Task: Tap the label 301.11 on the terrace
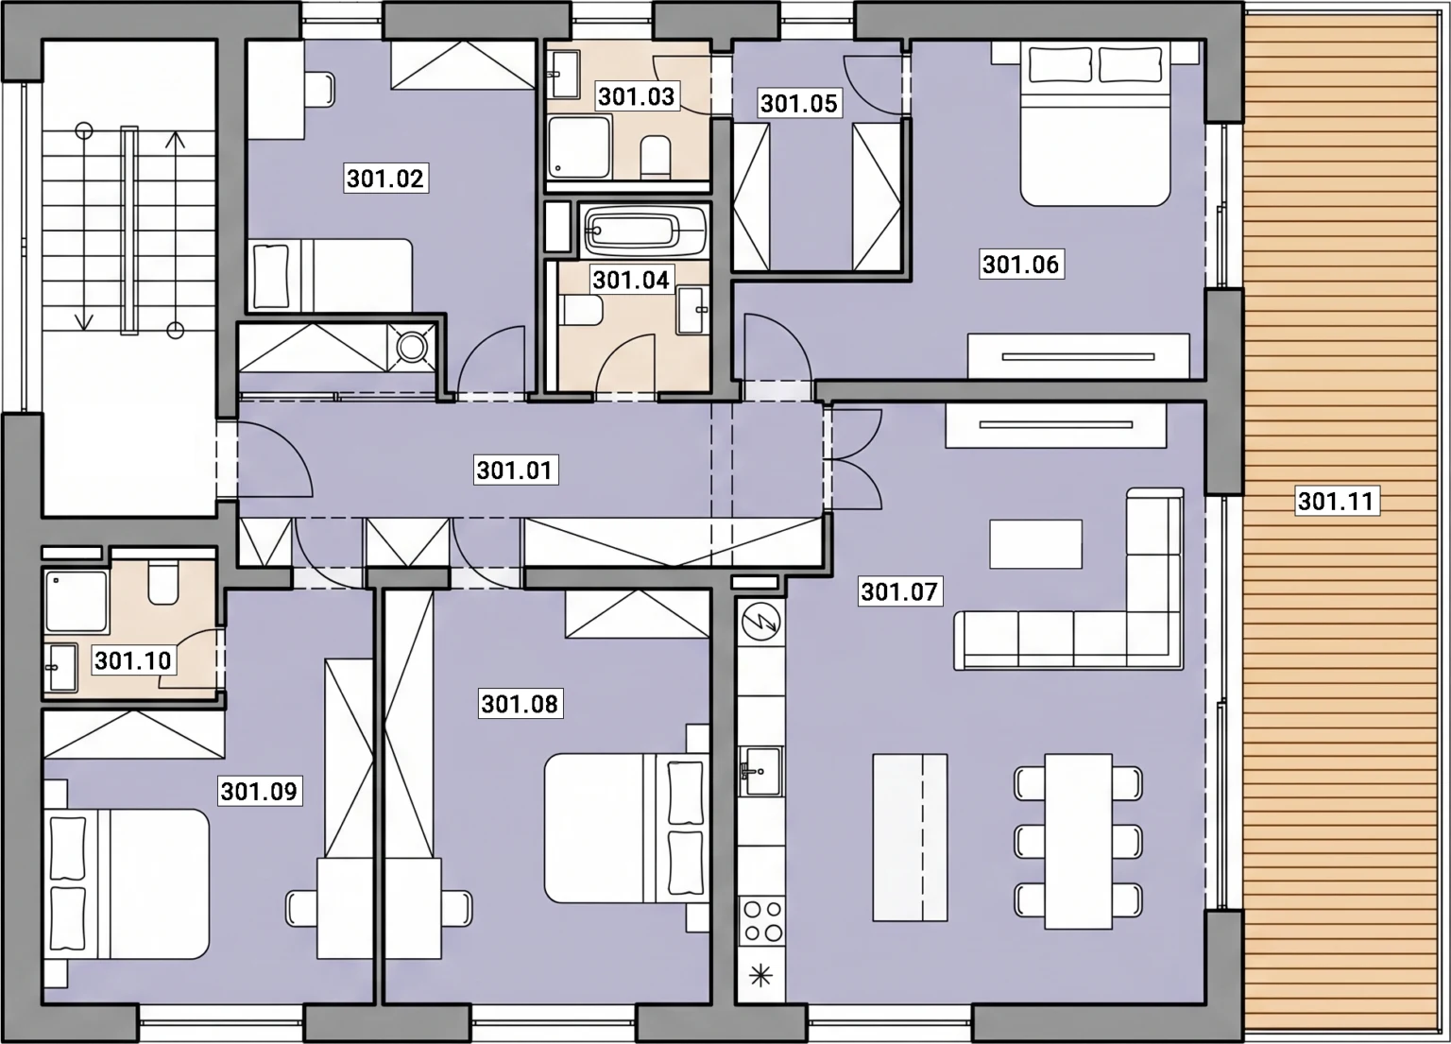click(x=1337, y=501)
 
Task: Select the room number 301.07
click(x=899, y=591)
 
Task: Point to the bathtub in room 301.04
click(x=644, y=230)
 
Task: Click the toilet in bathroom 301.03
click(x=656, y=157)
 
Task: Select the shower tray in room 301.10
click(x=77, y=601)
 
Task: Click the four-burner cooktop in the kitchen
click(x=762, y=921)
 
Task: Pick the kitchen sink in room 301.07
click(x=761, y=771)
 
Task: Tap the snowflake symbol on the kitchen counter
click(x=761, y=975)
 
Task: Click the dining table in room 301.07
click(x=1079, y=841)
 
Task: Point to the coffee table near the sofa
click(x=1035, y=543)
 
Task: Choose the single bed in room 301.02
click(x=331, y=276)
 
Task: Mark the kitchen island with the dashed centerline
click(x=910, y=837)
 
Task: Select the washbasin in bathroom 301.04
click(x=691, y=311)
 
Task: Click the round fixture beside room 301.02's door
click(x=411, y=348)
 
